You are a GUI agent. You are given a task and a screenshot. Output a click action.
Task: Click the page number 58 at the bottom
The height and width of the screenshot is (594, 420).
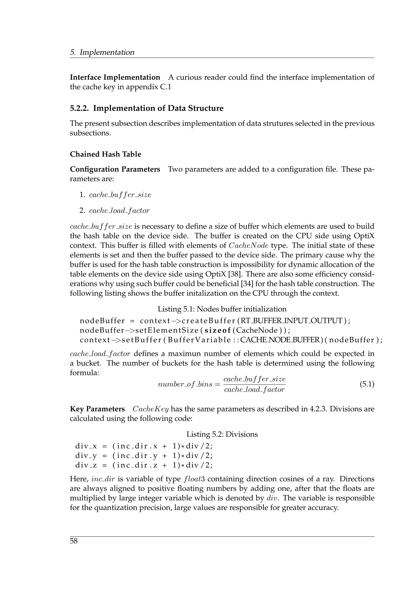point(74,541)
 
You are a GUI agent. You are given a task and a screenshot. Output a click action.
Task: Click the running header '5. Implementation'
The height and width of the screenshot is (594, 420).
point(102,52)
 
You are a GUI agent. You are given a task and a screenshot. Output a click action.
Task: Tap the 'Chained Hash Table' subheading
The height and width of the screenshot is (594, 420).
point(106,154)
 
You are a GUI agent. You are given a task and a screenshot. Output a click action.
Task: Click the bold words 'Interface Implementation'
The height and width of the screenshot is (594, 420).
point(115,77)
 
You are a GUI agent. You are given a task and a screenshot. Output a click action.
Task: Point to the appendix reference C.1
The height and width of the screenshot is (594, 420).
point(165,87)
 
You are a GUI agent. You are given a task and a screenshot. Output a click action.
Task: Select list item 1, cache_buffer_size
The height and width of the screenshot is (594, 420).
point(120,195)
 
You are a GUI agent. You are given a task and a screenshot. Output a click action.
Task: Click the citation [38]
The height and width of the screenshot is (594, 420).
point(234,274)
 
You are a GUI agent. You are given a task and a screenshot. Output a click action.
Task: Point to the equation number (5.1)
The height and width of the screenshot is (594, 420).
point(367,384)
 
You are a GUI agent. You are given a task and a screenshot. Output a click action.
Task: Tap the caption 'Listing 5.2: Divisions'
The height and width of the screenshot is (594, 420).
point(222,434)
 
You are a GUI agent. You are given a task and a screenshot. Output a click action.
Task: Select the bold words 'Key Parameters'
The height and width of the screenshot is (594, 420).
point(97,409)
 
